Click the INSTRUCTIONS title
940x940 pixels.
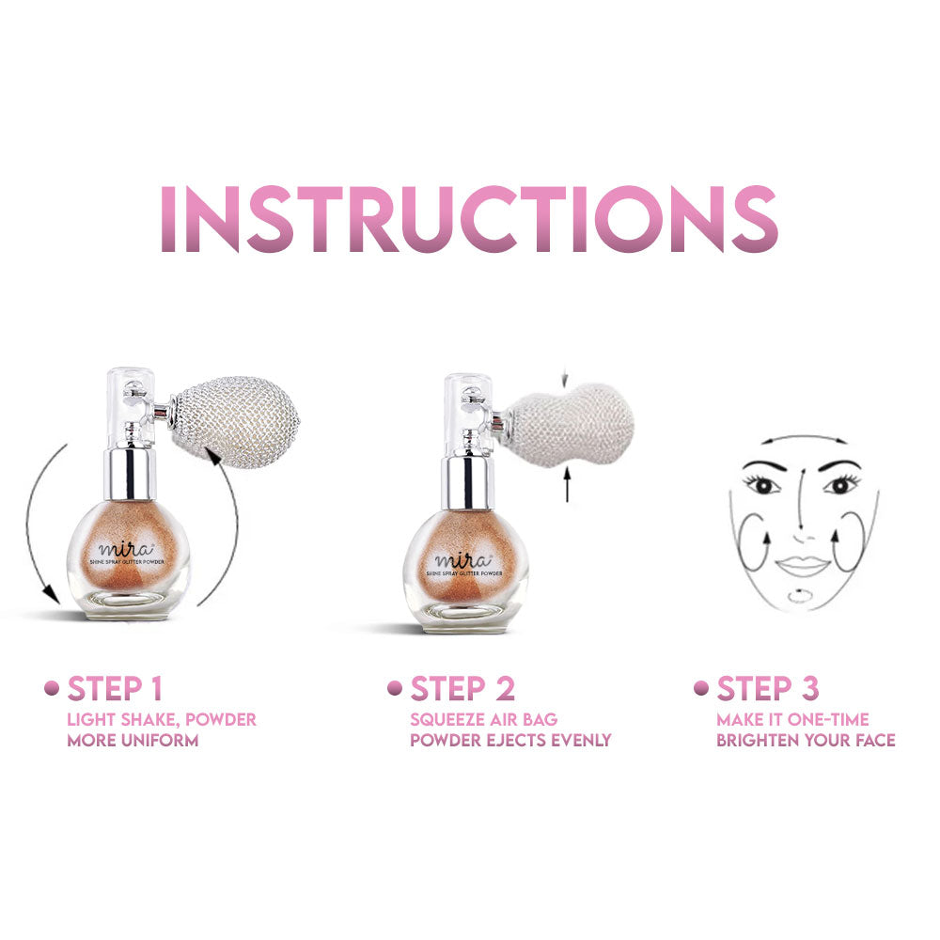(x=469, y=218)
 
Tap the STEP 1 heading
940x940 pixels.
(x=115, y=688)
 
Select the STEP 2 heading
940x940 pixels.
(x=462, y=688)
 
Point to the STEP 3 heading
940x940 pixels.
(x=768, y=688)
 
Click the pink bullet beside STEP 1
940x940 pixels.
(x=52, y=688)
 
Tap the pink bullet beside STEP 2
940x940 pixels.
(x=395, y=688)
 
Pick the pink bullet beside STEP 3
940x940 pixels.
(x=701, y=688)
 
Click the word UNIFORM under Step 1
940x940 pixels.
(x=160, y=741)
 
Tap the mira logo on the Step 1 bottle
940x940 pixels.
(x=126, y=549)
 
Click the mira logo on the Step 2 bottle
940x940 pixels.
(x=462, y=560)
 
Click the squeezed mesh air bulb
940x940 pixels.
(x=569, y=425)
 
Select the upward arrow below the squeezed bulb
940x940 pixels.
(x=567, y=485)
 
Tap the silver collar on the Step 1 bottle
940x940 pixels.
(x=130, y=473)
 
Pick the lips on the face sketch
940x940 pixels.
(x=802, y=565)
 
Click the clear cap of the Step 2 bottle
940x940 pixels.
(x=468, y=415)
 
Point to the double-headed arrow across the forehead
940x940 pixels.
(x=805, y=438)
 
